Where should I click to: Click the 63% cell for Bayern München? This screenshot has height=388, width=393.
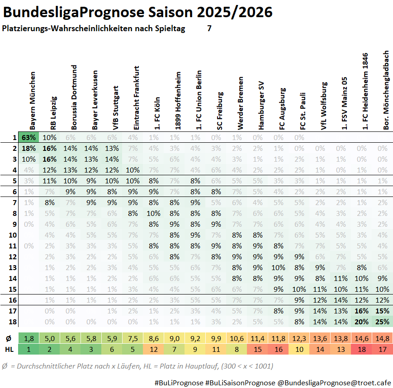click(28, 137)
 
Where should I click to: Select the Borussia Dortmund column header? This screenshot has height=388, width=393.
click(74, 97)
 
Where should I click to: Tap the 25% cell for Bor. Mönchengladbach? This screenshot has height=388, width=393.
click(382, 322)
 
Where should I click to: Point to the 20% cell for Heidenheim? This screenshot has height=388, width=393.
click(362, 322)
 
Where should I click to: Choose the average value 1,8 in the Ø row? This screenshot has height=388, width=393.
click(28, 338)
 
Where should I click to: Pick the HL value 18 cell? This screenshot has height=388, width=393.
click(362, 349)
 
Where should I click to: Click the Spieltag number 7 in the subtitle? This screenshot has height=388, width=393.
click(209, 28)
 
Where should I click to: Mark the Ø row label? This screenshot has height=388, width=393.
click(9, 338)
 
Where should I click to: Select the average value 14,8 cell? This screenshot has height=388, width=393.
click(382, 338)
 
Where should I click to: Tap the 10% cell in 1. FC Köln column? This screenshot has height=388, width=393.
click(154, 213)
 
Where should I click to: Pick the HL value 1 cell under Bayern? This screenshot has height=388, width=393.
click(28, 349)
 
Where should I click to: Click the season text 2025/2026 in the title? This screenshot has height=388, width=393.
click(235, 12)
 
